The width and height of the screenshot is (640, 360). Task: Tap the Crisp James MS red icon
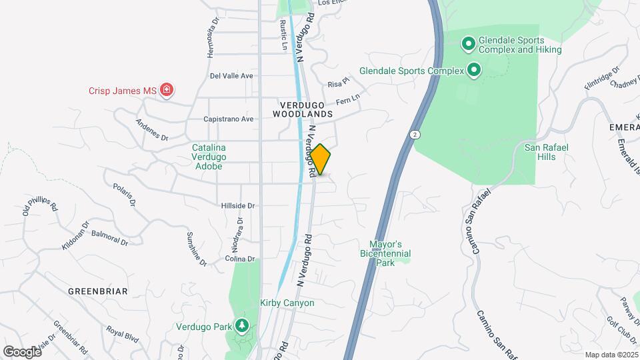click(x=167, y=90)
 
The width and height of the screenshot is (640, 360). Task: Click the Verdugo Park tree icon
click(x=242, y=326)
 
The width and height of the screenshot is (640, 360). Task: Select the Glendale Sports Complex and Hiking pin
click(x=468, y=45)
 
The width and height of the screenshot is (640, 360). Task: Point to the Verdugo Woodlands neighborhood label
click(x=302, y=110)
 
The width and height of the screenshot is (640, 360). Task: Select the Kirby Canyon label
click(x=287, y=303)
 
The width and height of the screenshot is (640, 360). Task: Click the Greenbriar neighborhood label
click(x=97, y=291)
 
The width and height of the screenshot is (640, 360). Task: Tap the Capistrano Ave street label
click(x=229, y=119)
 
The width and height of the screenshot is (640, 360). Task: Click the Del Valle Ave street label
click(x=231, y=76)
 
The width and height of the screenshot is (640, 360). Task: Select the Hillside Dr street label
click(x=238, y=206)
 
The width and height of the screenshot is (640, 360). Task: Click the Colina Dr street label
click(x=240, y=259)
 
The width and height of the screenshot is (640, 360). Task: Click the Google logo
click(x=22, y=351)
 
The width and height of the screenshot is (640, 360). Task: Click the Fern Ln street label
click(x=347, y=99)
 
